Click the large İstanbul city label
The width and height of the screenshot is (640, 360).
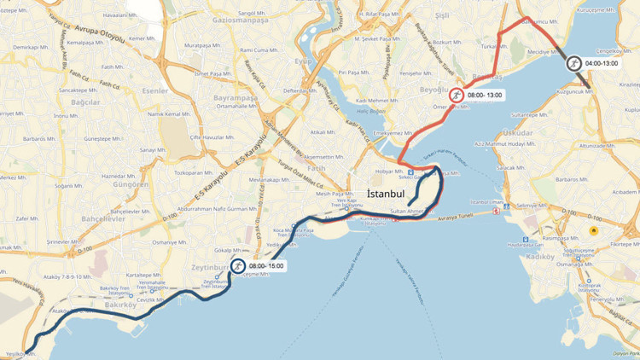tap(392, 195)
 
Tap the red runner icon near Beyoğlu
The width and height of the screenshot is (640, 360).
tap(457, 96)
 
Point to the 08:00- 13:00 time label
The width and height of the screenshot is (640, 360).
tap(485, 95)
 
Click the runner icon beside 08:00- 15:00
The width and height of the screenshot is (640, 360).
tap(237, 266)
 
